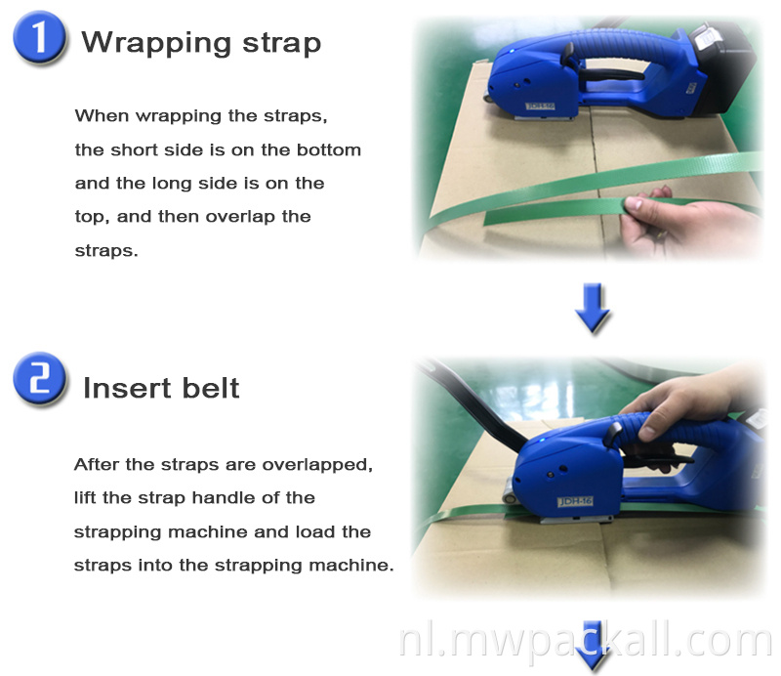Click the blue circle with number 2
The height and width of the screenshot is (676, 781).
[39, 383]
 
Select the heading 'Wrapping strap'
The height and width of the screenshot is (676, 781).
[201, 43]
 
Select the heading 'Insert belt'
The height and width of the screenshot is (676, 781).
[161, 388]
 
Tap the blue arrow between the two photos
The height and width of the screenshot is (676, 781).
[593, 307]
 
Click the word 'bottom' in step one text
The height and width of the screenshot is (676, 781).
[327, 149]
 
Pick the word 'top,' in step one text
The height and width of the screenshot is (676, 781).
[93, 216]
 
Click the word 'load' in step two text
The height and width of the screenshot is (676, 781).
[306, 531]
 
